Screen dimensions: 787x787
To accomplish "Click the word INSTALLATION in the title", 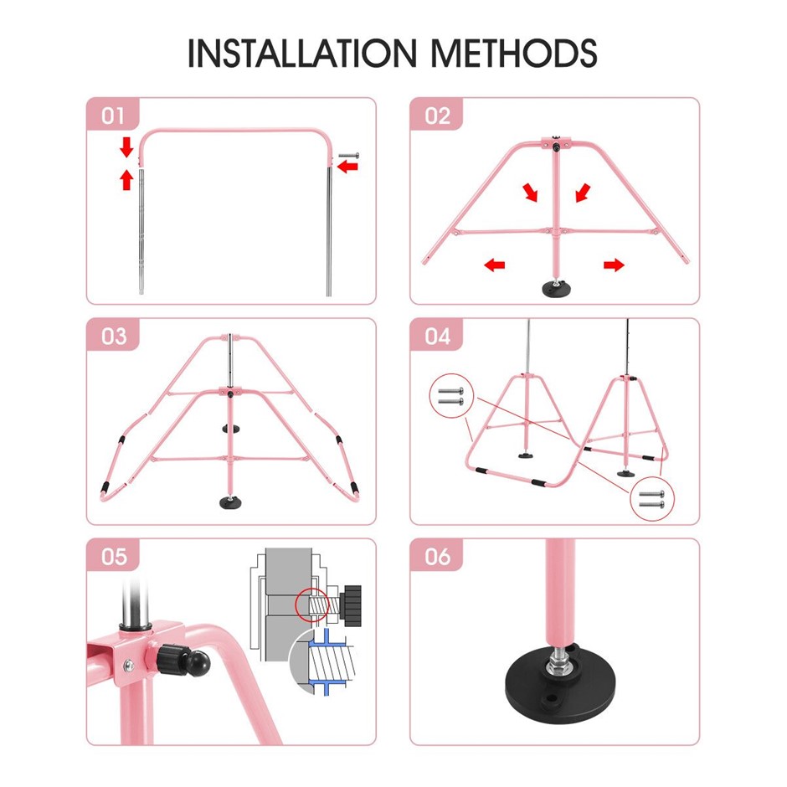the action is (x=301, y=53).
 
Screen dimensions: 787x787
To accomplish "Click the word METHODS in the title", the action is (x=514, y=53).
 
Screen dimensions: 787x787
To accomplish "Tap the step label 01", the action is (x=113, y=116).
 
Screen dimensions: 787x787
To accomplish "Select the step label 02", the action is (x=437, y=116).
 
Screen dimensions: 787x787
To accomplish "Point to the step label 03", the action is (x=114, y=337).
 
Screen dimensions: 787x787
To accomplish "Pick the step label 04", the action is (x=438, y=337).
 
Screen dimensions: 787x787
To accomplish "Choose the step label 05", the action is (x=114, y=557).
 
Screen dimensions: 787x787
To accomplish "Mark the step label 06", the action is (x=438, y=557).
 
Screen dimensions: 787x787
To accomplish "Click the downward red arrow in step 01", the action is (x=127, y=147).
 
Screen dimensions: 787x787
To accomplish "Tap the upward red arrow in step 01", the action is (x=127, y=180).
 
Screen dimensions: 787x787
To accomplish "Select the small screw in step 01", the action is (x=349, y=156).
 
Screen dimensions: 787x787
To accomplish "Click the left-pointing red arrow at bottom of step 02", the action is (x=495, y=265).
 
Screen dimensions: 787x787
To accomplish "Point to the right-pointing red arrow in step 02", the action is (x=614, y=265).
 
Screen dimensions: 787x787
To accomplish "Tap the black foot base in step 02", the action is (x=555, y=289).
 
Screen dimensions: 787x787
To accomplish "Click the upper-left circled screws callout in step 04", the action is (x=451, y=396).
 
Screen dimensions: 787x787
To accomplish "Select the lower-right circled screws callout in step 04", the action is (x=652, y=499).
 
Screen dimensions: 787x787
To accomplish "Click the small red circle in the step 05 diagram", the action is (x=311, y=605).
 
